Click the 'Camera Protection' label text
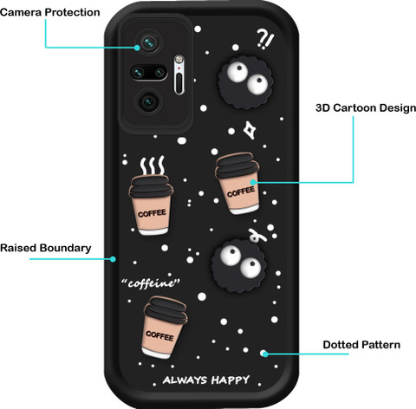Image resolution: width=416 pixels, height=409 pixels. (50, 12)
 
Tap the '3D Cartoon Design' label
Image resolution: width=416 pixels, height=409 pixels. (366, 108)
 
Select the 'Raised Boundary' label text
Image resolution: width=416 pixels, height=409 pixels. (46, 248)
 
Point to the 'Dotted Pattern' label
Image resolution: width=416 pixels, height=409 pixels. (361, 345)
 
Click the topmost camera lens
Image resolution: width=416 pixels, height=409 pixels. (149, 43)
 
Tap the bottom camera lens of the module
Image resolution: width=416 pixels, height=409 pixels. (149, 101)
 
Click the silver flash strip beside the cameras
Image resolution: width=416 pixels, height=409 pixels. (179, 75)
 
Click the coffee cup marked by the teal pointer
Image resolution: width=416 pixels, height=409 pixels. (237, 183)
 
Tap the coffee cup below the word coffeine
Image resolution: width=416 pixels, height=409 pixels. (163, 328)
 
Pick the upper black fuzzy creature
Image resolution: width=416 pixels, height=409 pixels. (245, 82)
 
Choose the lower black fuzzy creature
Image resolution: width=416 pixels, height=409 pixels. (238, 266)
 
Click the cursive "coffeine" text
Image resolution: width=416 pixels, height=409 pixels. (151, 283)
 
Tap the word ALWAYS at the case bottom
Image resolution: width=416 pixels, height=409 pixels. (185, 380)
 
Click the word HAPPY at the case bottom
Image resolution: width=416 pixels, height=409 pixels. (231, 380)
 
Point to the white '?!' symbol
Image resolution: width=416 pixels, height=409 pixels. (265, 39)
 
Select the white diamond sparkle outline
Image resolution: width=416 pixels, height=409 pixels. (249, 130)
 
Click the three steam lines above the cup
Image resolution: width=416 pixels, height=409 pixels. (153, 166)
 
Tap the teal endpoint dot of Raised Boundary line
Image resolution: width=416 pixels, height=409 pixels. (113, 259)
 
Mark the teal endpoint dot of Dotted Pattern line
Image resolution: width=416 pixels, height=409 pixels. (264, 354)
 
